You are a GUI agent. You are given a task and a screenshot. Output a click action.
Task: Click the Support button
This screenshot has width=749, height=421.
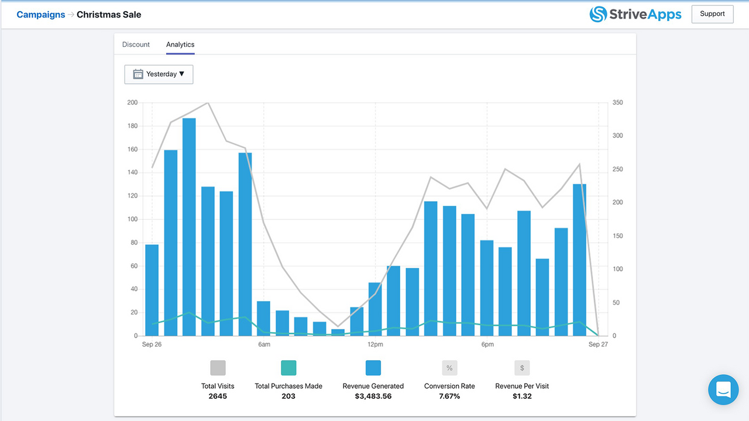pos(712,14)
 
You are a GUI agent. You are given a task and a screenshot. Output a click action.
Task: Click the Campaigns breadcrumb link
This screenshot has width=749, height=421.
pos(40,15)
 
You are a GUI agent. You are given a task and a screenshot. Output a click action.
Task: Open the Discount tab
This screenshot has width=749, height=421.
pos(136,44)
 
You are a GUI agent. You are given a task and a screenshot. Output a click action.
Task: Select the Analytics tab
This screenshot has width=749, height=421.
pos(180,44)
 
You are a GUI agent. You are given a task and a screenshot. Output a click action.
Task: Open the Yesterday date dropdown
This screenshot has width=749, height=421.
pos(159,74)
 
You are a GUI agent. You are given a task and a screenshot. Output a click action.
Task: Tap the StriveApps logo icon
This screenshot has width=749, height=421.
pos(598,14)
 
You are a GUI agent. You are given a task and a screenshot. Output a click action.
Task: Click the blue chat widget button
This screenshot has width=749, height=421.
pos(723,389)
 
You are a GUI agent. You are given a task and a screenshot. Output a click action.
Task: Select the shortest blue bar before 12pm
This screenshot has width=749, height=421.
pos(338,332)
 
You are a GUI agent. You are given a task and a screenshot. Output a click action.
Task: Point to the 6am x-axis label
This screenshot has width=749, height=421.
pos(264,344)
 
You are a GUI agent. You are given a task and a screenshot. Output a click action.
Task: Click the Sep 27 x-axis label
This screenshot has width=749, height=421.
pos(598,344)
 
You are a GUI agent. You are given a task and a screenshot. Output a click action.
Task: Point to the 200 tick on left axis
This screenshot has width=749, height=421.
pos(132,103)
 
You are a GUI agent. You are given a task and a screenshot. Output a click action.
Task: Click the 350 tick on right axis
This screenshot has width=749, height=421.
pos(617,103)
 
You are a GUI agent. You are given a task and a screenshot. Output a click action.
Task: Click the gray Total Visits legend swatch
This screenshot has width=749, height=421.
pos(218,368)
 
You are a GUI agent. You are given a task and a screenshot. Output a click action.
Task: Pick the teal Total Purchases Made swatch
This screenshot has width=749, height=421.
pos(288,368)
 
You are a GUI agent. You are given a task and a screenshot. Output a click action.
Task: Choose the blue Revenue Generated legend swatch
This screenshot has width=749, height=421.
pos(373,368)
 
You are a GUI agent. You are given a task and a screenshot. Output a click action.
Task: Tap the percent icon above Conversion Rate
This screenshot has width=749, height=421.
pos(449,368)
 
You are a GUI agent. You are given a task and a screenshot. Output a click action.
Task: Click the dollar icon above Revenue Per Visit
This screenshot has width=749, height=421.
pos(522,368)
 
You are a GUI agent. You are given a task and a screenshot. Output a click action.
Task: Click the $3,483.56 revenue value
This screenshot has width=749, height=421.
pos(373,396)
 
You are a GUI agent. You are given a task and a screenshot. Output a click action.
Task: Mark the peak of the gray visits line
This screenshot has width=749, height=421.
pos(208,103)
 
